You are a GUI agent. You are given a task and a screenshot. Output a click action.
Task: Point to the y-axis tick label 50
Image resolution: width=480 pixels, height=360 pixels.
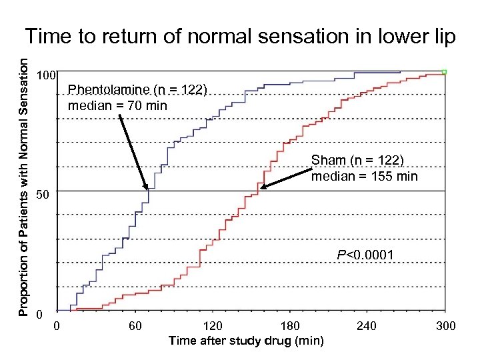(x=43, y=196)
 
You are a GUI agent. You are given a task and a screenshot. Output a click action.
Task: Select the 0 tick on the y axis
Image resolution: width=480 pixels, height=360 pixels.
(x=40, y=314)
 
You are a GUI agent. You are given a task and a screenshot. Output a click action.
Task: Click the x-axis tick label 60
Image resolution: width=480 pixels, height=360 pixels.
(x=135, y=326)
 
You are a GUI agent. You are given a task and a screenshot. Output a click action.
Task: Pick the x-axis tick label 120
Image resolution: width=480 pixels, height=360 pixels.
(x=213, y=326)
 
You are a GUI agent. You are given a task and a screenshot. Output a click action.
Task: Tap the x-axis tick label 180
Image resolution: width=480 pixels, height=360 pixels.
(x=290, y=326)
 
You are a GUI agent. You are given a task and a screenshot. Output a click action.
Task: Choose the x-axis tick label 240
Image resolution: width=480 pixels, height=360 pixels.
(x=367, y=326)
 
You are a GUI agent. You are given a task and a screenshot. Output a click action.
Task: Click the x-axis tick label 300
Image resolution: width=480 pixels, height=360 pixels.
(x=445, y=326)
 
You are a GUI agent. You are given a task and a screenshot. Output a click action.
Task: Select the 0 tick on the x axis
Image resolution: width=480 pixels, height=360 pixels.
(x=57, y=326)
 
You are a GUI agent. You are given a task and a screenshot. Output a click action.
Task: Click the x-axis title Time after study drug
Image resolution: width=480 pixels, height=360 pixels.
(x=246, y=341)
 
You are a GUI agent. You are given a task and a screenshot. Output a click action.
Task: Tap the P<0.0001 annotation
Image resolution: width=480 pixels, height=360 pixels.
(x=365, y=255)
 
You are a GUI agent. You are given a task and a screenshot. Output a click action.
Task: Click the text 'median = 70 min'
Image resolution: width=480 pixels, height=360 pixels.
(x=117, y=105)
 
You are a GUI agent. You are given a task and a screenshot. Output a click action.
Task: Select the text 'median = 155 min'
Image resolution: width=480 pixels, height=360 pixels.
(x=364, y=176)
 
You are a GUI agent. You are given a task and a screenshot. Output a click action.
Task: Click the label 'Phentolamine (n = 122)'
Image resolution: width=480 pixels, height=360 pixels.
(x=138, y=90)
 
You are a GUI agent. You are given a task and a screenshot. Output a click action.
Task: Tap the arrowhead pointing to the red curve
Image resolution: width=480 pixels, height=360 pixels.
(x=263, y=187)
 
